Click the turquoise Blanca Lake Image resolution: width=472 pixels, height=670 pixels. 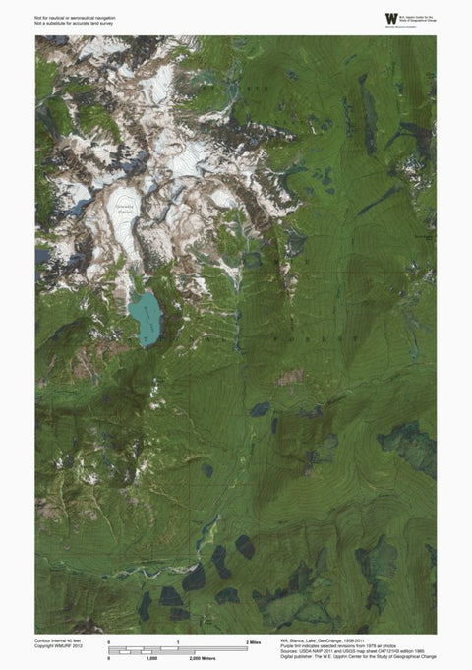(x=146, y=315)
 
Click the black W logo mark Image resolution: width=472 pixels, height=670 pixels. (x=366, y=18)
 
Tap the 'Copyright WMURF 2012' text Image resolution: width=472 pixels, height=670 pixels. (x=59, y=645)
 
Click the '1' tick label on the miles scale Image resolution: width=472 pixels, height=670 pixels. (x=177, y=641)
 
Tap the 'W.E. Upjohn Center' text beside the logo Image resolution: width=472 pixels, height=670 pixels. (x=405, y=17)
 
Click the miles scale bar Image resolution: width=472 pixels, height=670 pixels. (x=177, y=648)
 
